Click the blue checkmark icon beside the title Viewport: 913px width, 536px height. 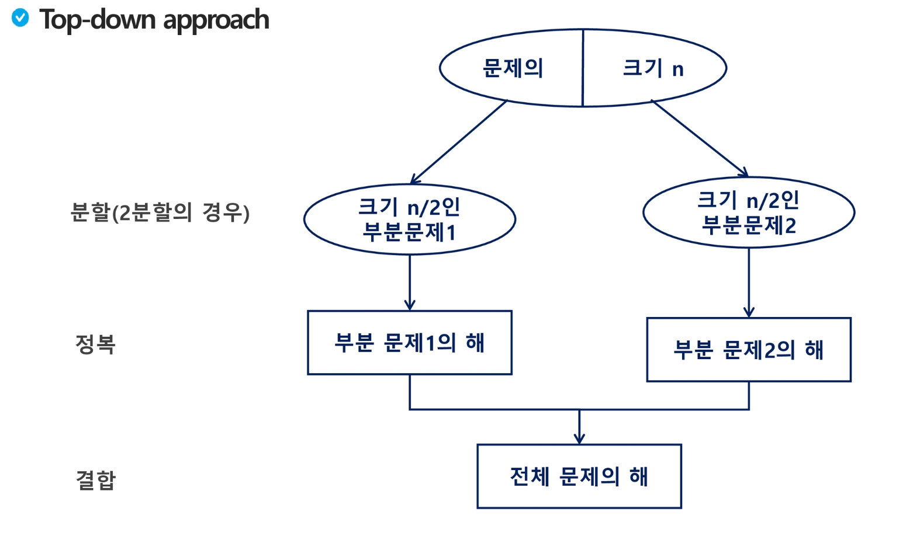tap(20, 18)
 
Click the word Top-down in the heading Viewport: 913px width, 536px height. tap(98, 20)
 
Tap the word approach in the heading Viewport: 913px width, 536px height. tap(216, 21)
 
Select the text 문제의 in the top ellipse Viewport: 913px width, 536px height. tap(513, 68)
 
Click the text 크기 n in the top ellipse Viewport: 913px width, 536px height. tap(653, 68)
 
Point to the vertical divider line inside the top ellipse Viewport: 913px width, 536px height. tap(583, 68)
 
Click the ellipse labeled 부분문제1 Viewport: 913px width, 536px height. tap(409, 220)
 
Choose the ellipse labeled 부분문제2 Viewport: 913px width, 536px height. tap(749, 213)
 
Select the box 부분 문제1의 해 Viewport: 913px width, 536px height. tap(409, 343)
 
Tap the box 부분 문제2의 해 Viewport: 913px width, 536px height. tap(749, 350)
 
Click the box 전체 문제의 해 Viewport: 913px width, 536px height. tap(579, 476)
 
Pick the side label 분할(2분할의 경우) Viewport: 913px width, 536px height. tap(160, 213)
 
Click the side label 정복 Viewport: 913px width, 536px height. tap(95, 344)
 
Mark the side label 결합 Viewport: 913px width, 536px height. tap(96, 480)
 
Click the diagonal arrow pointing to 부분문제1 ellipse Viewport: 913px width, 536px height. tap(459, 142)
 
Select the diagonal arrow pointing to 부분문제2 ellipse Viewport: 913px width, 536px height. tap(700, 138)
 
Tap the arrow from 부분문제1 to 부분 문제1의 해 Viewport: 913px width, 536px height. tap(410, 283)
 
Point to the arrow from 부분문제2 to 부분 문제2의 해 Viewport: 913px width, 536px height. tap(749, 283)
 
